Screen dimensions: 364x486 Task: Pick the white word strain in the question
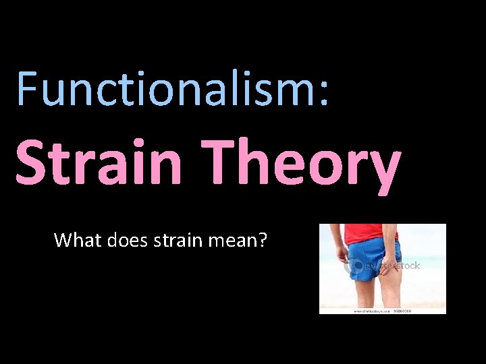pos(177,239)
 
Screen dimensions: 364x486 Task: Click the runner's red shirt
pos(369,233)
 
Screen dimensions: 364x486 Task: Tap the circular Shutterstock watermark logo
pos(354,267)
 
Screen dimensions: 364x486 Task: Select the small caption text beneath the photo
pos(381,311)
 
